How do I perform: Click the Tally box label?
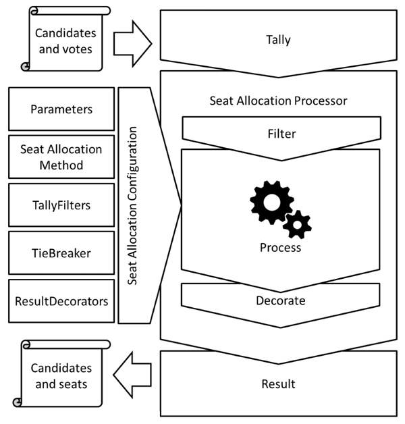(279, 40)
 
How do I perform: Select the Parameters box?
(61, 109)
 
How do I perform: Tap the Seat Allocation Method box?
(61, 157)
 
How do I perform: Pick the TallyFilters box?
(61, 205)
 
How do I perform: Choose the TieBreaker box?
(61, 253)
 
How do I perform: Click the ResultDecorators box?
(61, 301)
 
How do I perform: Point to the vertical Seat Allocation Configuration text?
(133, 206)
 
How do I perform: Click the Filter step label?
(281, 133)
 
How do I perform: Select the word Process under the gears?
(281, 248)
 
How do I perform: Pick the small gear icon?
(296, 223)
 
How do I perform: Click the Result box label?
(278, 384)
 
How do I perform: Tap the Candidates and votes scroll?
(65, 39)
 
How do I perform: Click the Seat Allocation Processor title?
(279, 101)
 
